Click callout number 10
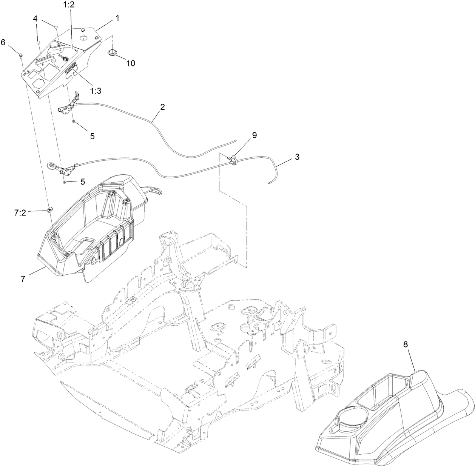coord(131,63)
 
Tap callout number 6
coord(3,42)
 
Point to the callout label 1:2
coord(69,5)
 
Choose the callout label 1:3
coord(96,91)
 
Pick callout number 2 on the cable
coord(162,107)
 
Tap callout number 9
coord(254,135)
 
